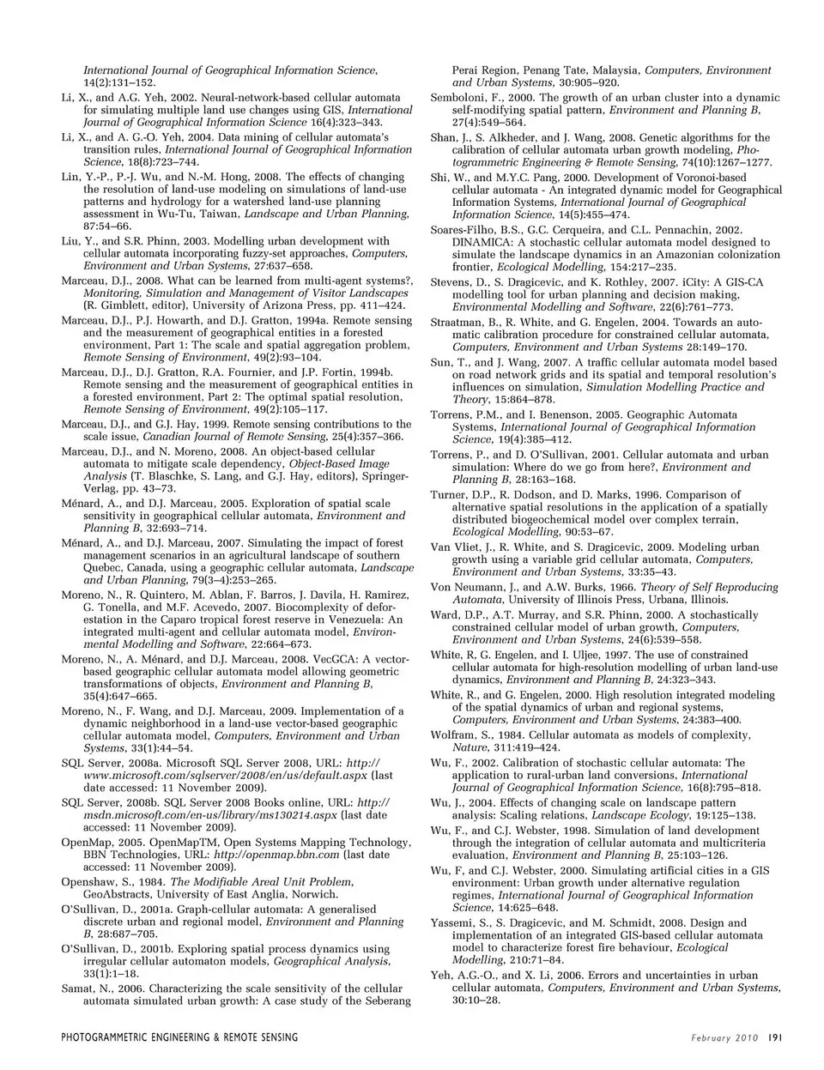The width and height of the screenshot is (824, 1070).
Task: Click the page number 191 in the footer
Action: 773,1037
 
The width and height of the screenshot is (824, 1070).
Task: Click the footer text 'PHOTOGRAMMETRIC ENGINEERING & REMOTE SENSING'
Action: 179,1037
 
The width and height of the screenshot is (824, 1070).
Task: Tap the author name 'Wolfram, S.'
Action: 461,735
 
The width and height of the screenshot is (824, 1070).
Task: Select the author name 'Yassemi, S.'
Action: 460,922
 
